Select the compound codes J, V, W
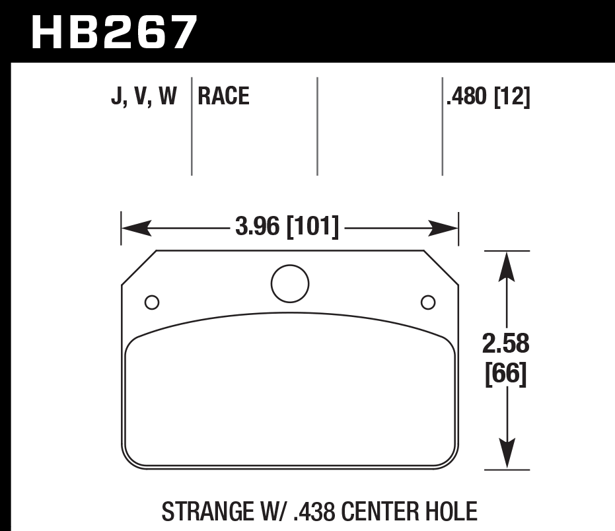pos(144,97)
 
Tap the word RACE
pos(223,97)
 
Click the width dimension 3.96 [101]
pos(287,228)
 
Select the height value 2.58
pos(506,345)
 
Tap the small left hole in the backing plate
pos(151,302)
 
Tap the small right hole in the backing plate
pos(428,302)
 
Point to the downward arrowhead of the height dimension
pos(506,456)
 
